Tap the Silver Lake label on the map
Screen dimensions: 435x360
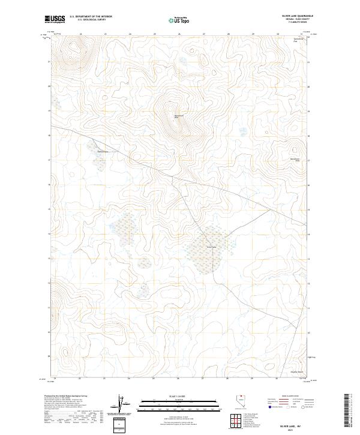[211, 247]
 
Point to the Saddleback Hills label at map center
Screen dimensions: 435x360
[177, 116]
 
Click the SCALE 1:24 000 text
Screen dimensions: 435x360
[178, 396]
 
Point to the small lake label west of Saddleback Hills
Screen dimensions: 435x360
[102, 151]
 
